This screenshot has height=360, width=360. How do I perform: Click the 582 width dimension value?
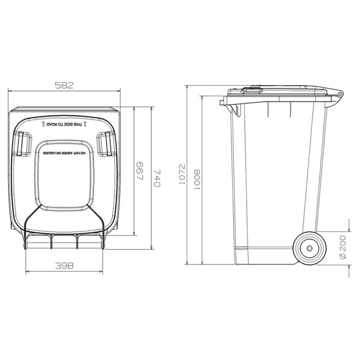click(x=64, y=85)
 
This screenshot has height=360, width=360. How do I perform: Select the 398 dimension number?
click(x=64, y=266)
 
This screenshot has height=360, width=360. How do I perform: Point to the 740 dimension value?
click(x=157, y=178)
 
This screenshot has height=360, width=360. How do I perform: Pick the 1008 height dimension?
click(x=197, y=180)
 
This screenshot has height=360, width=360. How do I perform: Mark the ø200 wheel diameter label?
click(x=343, y=247)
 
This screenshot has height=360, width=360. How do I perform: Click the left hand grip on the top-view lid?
click(x=21, y=144)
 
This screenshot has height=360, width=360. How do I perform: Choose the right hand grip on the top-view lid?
click(x=106, y=144)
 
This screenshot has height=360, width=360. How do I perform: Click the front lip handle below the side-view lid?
click(x=225, y=103)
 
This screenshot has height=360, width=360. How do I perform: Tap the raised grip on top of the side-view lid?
click(x=252, y=90)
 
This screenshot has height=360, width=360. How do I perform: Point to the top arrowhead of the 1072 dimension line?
click(x=187, y=86)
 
